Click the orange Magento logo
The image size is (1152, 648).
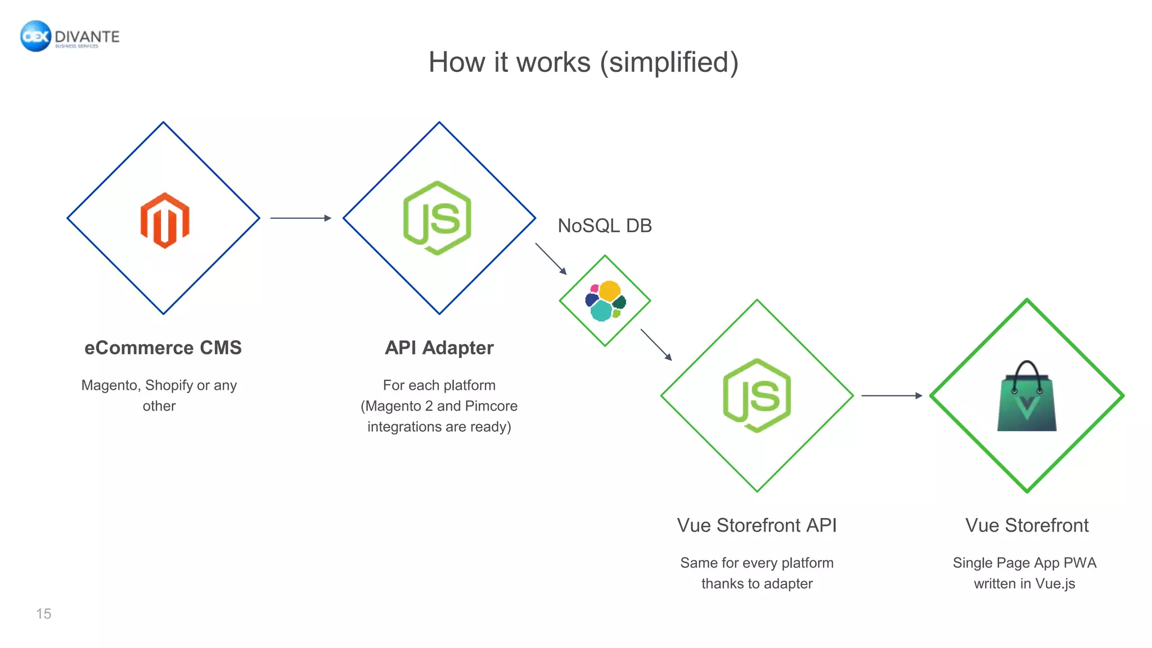point(165,220)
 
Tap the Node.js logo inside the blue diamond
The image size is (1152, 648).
point(438,218)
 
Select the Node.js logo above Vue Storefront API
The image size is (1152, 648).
point(757,395)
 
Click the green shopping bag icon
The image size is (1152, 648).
point(1027,397)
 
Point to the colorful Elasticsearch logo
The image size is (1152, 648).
point(605,301)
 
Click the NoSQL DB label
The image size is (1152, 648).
point(605,226)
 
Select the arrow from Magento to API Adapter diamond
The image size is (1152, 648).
point(300,218)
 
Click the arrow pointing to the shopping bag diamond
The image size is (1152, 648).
point(891,395)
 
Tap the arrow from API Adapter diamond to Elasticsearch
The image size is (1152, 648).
point(551,259)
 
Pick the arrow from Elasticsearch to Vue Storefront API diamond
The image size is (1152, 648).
point(656,345)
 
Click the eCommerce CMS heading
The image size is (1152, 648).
point(163,348)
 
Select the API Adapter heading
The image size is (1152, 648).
point(439,348)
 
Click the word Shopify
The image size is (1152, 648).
point(169,385)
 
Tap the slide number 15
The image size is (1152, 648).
point(44,614)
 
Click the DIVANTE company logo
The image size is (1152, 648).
point(70,37)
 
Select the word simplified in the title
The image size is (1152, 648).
point(669,62)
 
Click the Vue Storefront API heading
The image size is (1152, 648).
point(757,525)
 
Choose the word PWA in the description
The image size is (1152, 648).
point(1079,563)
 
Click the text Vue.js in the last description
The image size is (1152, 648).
point(1055,584)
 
